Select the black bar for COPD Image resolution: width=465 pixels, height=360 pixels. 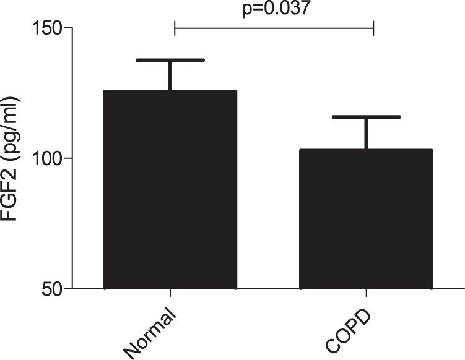366,219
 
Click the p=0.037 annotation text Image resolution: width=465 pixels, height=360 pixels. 274,9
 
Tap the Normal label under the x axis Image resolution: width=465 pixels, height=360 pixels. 152,331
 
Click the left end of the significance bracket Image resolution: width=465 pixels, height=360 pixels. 175,28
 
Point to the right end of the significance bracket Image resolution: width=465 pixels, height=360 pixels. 373,28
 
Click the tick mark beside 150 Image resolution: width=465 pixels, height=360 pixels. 67,28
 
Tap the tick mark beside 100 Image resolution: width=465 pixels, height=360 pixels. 67,158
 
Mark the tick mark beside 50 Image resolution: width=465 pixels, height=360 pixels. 67,289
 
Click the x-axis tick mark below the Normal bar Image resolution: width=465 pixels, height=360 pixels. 170,294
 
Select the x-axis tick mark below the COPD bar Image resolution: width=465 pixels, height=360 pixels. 367,294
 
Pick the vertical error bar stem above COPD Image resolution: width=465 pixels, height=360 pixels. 366,133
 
